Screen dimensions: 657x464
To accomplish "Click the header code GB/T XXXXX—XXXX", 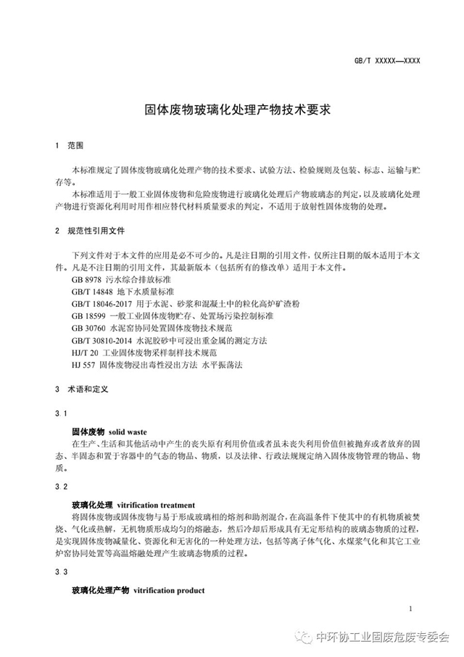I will (387, 62).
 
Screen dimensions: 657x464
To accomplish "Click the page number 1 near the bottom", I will (410, 609).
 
